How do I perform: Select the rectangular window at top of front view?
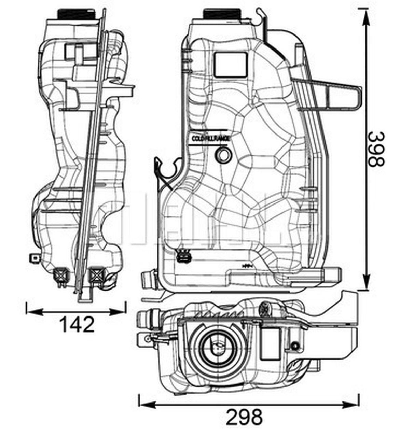click(x=230, y=64)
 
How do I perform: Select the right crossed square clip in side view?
click(x=97, y=274)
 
